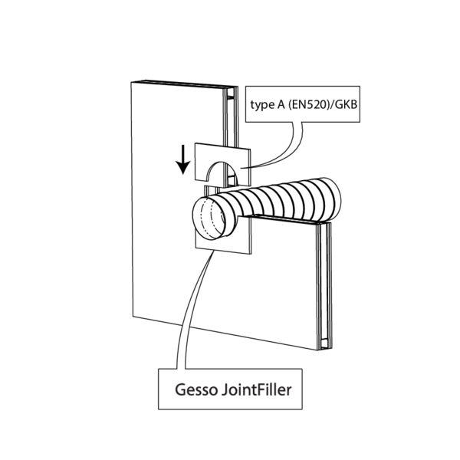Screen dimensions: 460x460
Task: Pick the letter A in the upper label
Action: pyautogui.click(x=283, y=105)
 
